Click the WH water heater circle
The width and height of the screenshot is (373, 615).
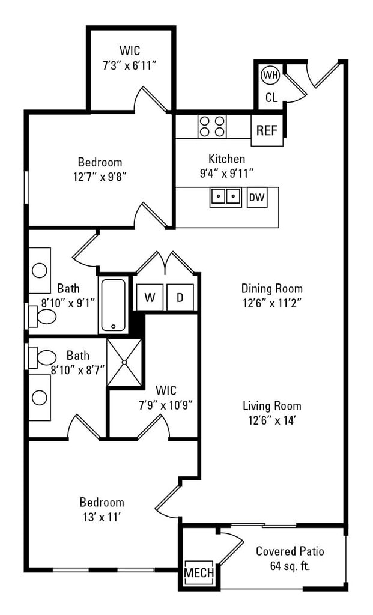point(270,76)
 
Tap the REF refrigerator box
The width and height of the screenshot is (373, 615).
point(267,130)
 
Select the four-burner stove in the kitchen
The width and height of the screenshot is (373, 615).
point(212,126)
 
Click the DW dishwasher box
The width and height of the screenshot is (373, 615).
point(257,197)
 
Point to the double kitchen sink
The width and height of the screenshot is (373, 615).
point(225,196)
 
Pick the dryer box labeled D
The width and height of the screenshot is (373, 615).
point(180,297)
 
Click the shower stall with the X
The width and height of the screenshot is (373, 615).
point(124,362)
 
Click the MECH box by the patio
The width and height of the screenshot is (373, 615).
point(199,573)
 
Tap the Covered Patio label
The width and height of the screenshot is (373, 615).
point(290,551)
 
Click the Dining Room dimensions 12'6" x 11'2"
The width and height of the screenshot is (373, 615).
point(272,303)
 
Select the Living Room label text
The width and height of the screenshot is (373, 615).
point(272,406)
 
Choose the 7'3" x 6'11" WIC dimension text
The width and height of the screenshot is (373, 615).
point(129,65)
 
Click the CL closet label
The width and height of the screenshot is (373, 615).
point(271,97)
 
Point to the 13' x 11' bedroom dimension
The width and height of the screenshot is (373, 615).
point(102,517)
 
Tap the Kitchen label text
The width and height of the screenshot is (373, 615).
point(226,159)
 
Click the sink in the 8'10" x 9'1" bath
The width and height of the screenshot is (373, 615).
point(40,270)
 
